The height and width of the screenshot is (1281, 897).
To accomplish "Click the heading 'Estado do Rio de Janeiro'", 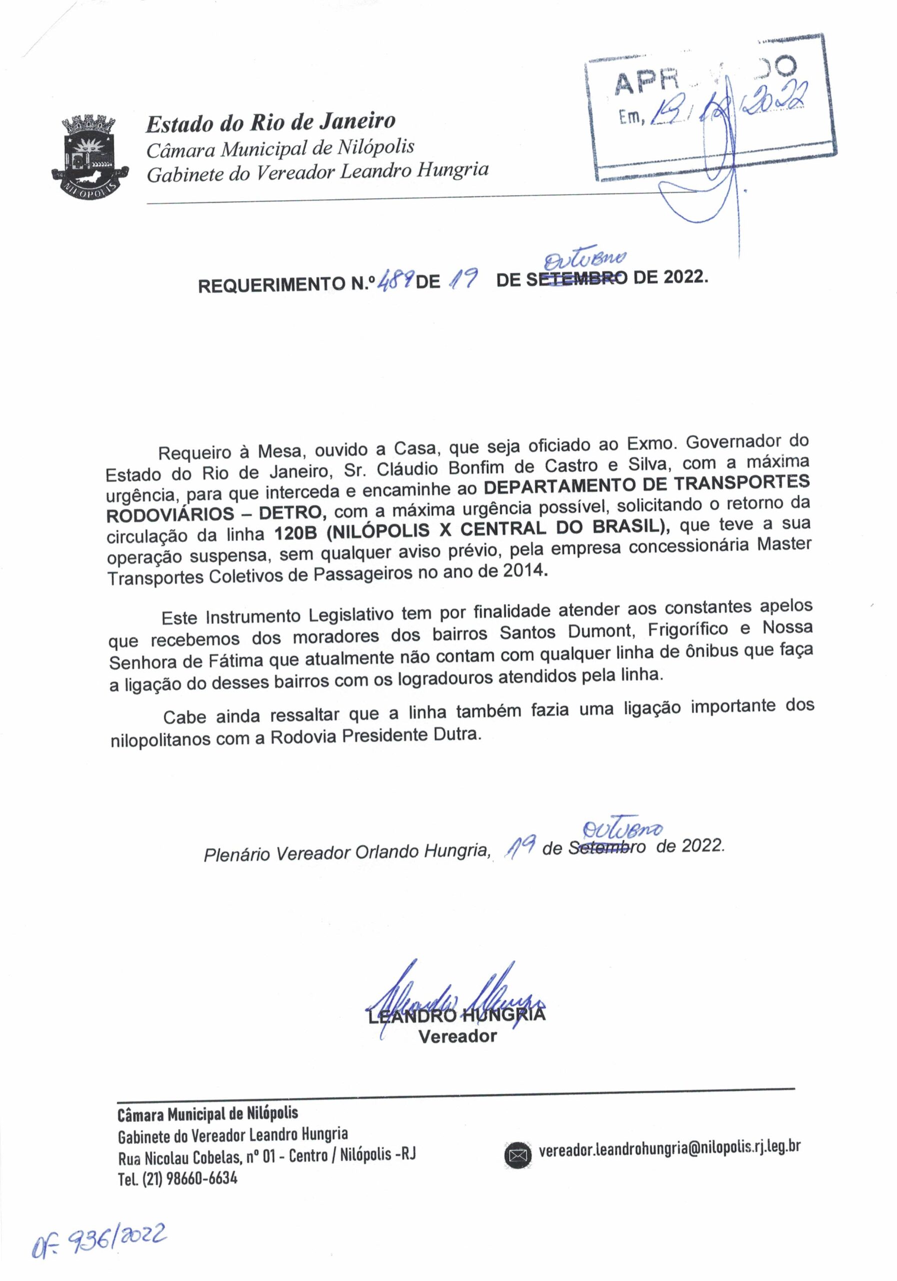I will [x=270, y=122].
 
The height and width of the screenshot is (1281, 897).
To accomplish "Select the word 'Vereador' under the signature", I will [x=457, y=1036].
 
